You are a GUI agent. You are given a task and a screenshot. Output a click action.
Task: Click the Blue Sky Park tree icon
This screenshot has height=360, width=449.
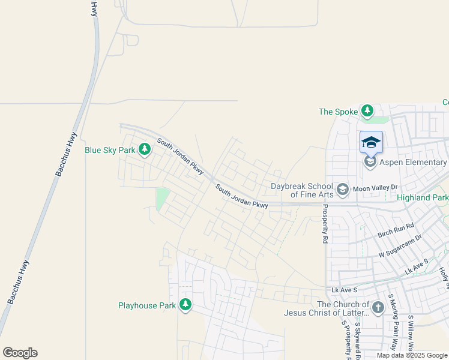144,149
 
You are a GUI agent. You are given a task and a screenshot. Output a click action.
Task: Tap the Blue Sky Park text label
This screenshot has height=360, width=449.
110,150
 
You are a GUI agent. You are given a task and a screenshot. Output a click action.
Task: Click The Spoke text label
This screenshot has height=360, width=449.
338,112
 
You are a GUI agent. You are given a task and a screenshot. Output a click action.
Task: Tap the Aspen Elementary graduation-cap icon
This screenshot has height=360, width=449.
370,163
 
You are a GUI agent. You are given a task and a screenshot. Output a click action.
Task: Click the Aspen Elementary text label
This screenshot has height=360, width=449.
414,163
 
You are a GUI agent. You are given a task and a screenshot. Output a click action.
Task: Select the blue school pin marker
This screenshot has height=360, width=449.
371,142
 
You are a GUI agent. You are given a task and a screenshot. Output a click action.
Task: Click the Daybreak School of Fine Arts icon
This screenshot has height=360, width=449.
343,190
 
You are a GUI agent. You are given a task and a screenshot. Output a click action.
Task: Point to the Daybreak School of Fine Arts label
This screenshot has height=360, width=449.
301,190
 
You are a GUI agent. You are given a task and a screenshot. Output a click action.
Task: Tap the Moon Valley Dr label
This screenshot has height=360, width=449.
376,188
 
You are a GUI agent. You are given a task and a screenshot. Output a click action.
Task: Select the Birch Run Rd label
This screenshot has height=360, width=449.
396,230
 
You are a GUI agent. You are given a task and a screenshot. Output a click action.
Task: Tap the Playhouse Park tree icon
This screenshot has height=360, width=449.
185,305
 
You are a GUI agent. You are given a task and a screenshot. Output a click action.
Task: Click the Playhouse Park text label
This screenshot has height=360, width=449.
147,305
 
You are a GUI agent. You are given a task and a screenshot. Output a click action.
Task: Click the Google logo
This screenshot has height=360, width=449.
20,353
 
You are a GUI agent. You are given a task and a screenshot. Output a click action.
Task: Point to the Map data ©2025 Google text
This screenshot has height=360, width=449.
412,355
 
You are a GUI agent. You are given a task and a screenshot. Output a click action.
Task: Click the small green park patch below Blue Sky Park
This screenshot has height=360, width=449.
162,199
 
